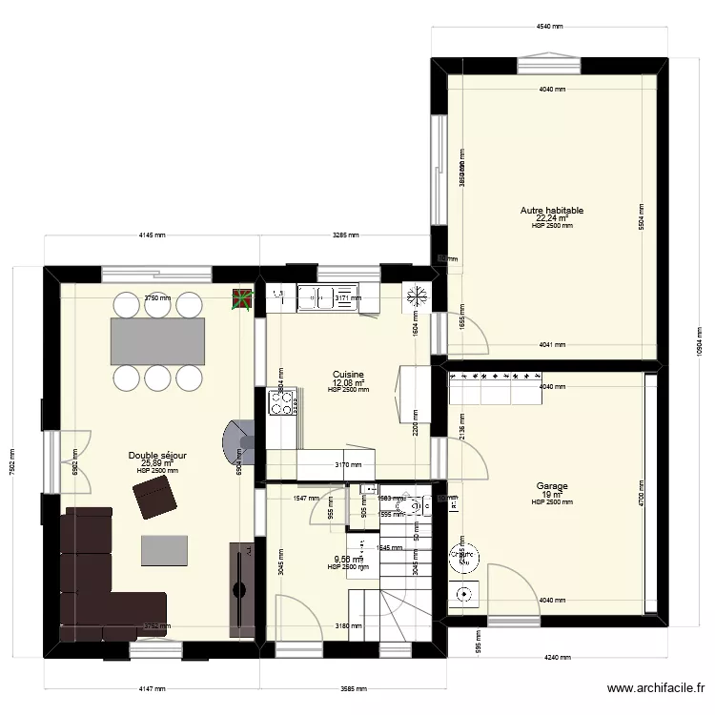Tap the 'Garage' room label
click(552, 486)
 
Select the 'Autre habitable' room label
click(552, 211)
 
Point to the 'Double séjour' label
click(157, 457)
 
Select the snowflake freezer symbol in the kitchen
click(415, 296)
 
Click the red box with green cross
click(243, 301)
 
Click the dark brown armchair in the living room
click(154, 498)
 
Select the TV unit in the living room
click(240, 588)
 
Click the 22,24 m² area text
click(552, 218)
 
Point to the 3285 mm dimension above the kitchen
click(345, 235)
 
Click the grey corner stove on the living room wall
click(237, 444)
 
